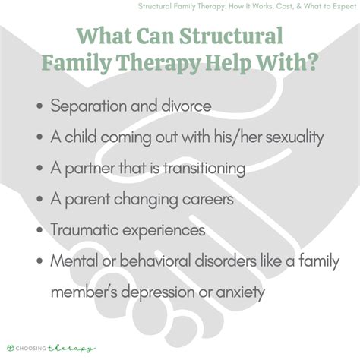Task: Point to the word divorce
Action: (x=181, y=106)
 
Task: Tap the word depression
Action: (x=188, y=292)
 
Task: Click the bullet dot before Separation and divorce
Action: (x=39, y=106)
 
